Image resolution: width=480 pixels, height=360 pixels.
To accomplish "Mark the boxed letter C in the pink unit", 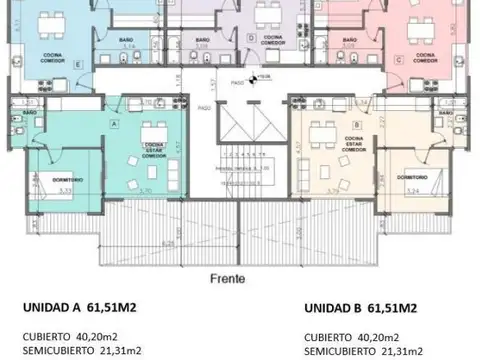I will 399,61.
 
